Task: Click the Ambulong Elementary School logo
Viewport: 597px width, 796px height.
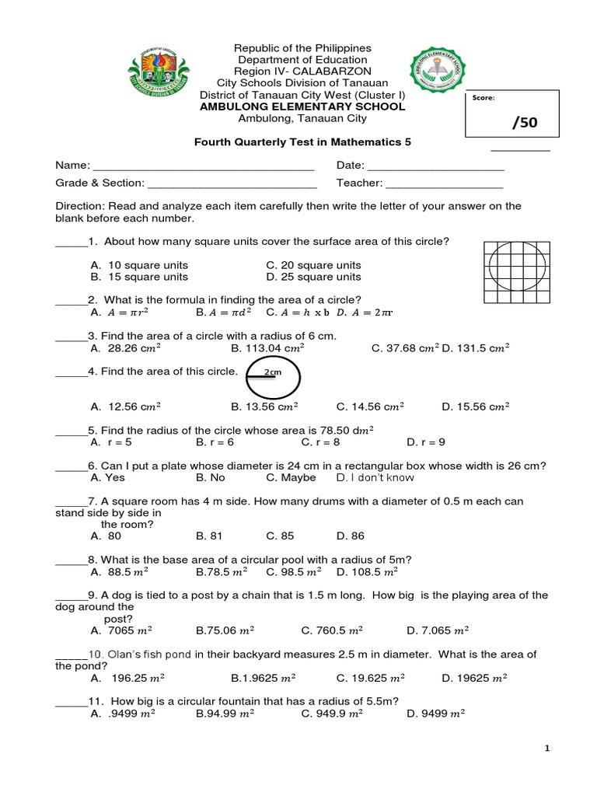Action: (x=436, y=76)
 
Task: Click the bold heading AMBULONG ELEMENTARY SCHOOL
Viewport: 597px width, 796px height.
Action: (x=311, y=106)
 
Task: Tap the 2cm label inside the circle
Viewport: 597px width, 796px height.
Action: (x=272, y=373)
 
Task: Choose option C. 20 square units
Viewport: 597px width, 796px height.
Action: (x=313, y=265)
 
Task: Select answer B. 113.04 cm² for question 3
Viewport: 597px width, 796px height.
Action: (x=267, y=348)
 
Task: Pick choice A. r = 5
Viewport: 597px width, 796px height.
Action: (x=106, y=442)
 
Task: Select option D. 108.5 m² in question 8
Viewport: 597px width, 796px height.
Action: (x=367, y=571)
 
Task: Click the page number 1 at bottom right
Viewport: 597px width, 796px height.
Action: (x=547, y=748)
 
